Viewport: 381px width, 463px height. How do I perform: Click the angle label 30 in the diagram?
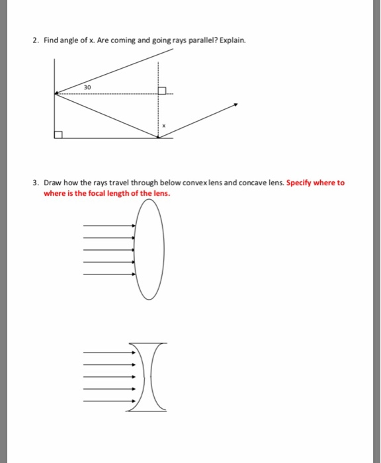pos(89,87)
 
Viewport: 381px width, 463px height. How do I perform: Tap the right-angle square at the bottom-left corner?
pos(58,135)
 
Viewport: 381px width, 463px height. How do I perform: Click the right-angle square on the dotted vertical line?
pos(161,90)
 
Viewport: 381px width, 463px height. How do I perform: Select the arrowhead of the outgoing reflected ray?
pos(235,105)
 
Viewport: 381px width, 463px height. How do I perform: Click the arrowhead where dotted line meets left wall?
pos(56,93)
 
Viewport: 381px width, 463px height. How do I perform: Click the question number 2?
pos(35,40)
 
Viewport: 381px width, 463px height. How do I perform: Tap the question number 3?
pos(35,183)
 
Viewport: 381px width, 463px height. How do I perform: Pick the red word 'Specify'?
pos(301,183)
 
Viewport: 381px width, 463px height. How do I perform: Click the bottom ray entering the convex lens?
pos(109,274)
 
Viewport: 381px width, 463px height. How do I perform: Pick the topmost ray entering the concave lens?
pos(109,352)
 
